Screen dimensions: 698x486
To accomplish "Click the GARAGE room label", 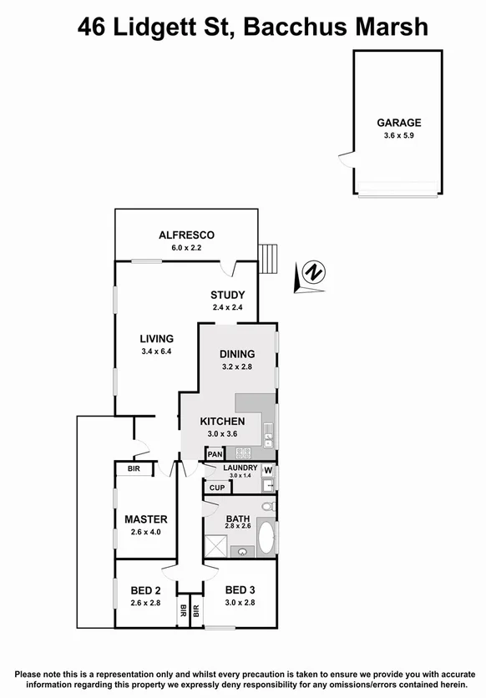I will (398, 122).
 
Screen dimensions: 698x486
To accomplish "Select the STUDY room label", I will (227, 295).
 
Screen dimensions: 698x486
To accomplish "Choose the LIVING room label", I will (156, 338).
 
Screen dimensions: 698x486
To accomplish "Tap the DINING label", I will (237, 354).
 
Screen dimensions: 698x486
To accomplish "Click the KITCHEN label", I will (222, 421).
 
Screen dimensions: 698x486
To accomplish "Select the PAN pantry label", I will (215, 453).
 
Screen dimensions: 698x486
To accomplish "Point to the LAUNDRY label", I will (240, 468).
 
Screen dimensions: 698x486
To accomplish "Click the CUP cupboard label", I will (217, 488).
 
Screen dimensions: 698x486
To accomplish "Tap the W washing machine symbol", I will (268, 470).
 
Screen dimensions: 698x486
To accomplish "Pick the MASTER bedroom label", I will (146, 519).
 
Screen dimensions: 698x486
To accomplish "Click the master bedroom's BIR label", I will (134, 469).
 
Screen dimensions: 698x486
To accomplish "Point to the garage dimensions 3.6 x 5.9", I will (398, 136).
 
